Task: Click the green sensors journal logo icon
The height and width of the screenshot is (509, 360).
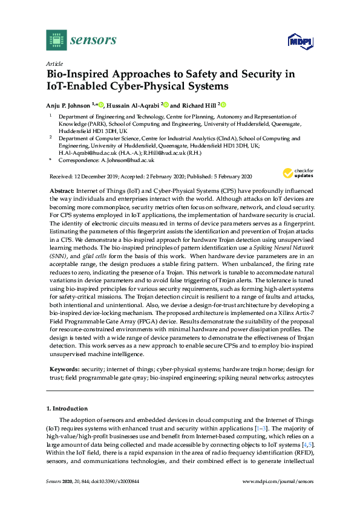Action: tap(56, 40)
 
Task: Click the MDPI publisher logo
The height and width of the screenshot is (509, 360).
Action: tap(295, 41)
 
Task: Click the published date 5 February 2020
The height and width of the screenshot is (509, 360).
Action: tap(228, 177)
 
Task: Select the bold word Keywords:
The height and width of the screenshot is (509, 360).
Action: tap(65, 368)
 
